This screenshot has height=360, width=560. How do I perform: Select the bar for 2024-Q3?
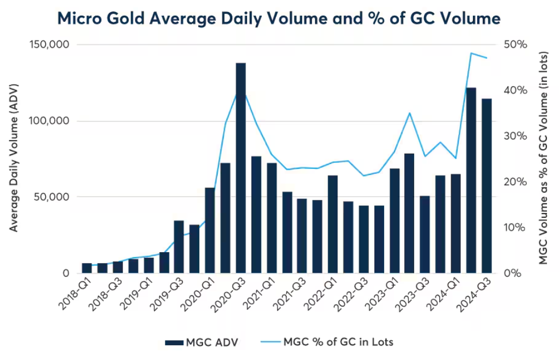(486, 186)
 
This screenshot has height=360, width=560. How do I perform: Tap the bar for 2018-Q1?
(87, 268)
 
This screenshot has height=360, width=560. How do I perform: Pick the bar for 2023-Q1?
(395, 221)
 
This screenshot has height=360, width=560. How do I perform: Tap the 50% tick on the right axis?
(515, 45)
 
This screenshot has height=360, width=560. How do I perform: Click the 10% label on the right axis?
(515, 227)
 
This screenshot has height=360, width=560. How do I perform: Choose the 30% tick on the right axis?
(515, 136)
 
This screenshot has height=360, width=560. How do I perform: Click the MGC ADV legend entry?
(202, 343)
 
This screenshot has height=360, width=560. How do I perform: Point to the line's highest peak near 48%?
(471, 53)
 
